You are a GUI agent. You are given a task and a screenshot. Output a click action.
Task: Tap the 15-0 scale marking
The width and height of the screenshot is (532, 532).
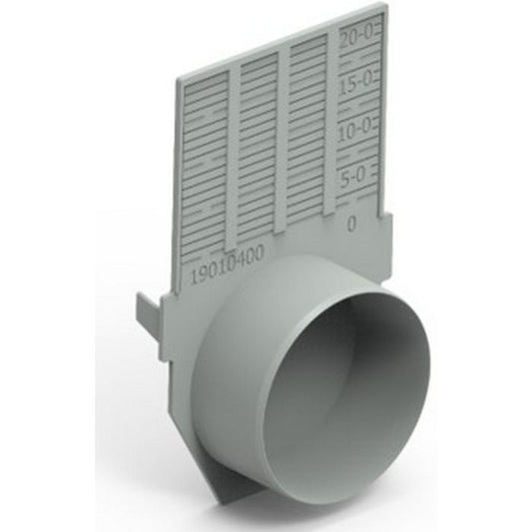(x=355, y=86)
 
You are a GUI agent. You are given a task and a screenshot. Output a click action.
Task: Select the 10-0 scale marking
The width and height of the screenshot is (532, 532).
(x=355, y=132)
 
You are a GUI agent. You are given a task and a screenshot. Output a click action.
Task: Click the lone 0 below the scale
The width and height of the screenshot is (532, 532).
(x=351, y=224)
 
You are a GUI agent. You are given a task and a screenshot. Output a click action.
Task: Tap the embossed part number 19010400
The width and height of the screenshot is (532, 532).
(x=226, y=262)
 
